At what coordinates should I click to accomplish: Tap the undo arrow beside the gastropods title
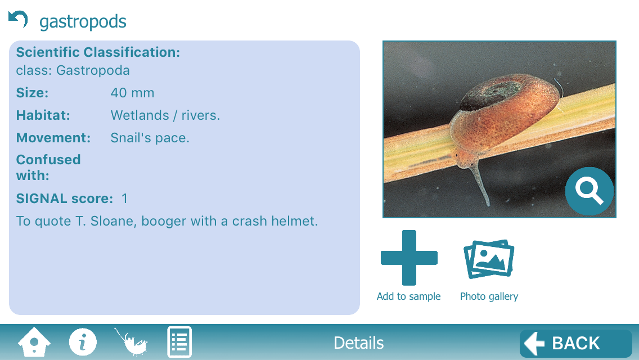[x=18, y=19]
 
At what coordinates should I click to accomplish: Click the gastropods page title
[x=83, y=21]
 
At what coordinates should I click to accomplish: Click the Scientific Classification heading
[x=98, y=52]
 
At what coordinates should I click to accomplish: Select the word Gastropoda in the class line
[x=93, y=70]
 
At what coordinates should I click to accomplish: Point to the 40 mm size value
[x=132, y=93]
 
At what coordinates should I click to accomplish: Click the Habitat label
[x=43, y=115]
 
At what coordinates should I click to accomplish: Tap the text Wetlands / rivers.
[x=165, y=115]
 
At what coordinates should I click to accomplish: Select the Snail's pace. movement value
[x=150, y=138]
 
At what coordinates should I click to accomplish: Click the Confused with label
[x=48, y=168]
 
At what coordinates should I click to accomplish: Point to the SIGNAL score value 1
[x=125, y=199]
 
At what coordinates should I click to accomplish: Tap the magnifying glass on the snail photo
[x=589, y=191]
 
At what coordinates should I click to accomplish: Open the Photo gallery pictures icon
[x=489, y=259]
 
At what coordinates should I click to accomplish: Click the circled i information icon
[x=83, y=341]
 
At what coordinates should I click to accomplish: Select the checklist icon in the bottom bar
[x=179, y=341]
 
